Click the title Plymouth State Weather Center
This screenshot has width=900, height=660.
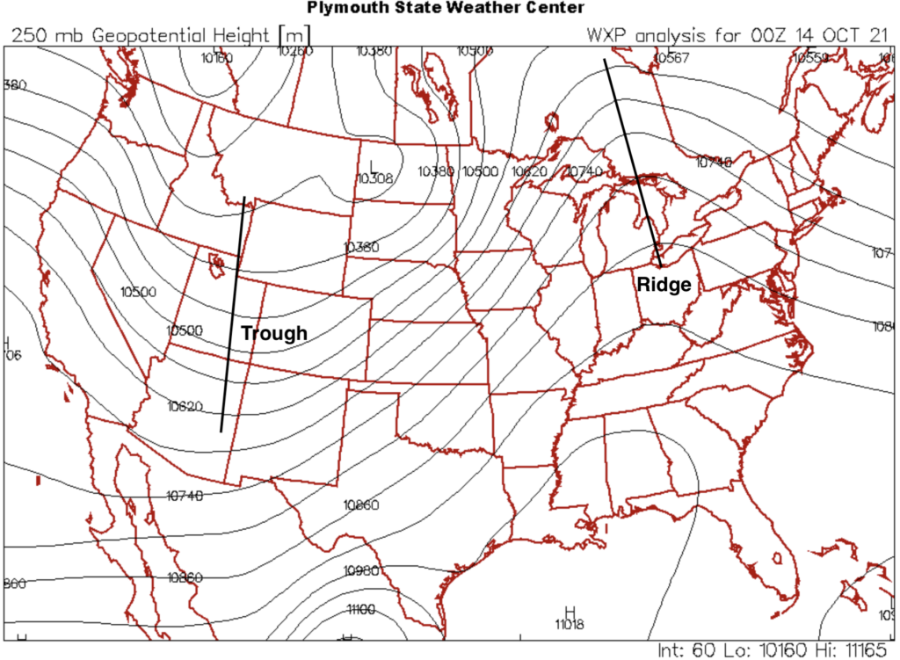tap(445, 8)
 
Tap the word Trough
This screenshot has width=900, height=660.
tap(274, 333)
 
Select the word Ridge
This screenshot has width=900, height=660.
tap(664, 285)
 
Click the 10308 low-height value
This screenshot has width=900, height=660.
tap(375, 178)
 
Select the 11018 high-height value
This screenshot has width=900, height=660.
tap(570, 624)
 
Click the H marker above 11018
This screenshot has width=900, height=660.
tap(570, 611)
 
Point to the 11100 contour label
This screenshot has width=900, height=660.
tap(361, 608)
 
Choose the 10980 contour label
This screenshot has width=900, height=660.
tap(361, 570)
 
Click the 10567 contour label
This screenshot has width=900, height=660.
tap(671, 58)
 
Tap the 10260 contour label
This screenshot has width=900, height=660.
tap(295, 51)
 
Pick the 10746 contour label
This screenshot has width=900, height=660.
tap(714, 161)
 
